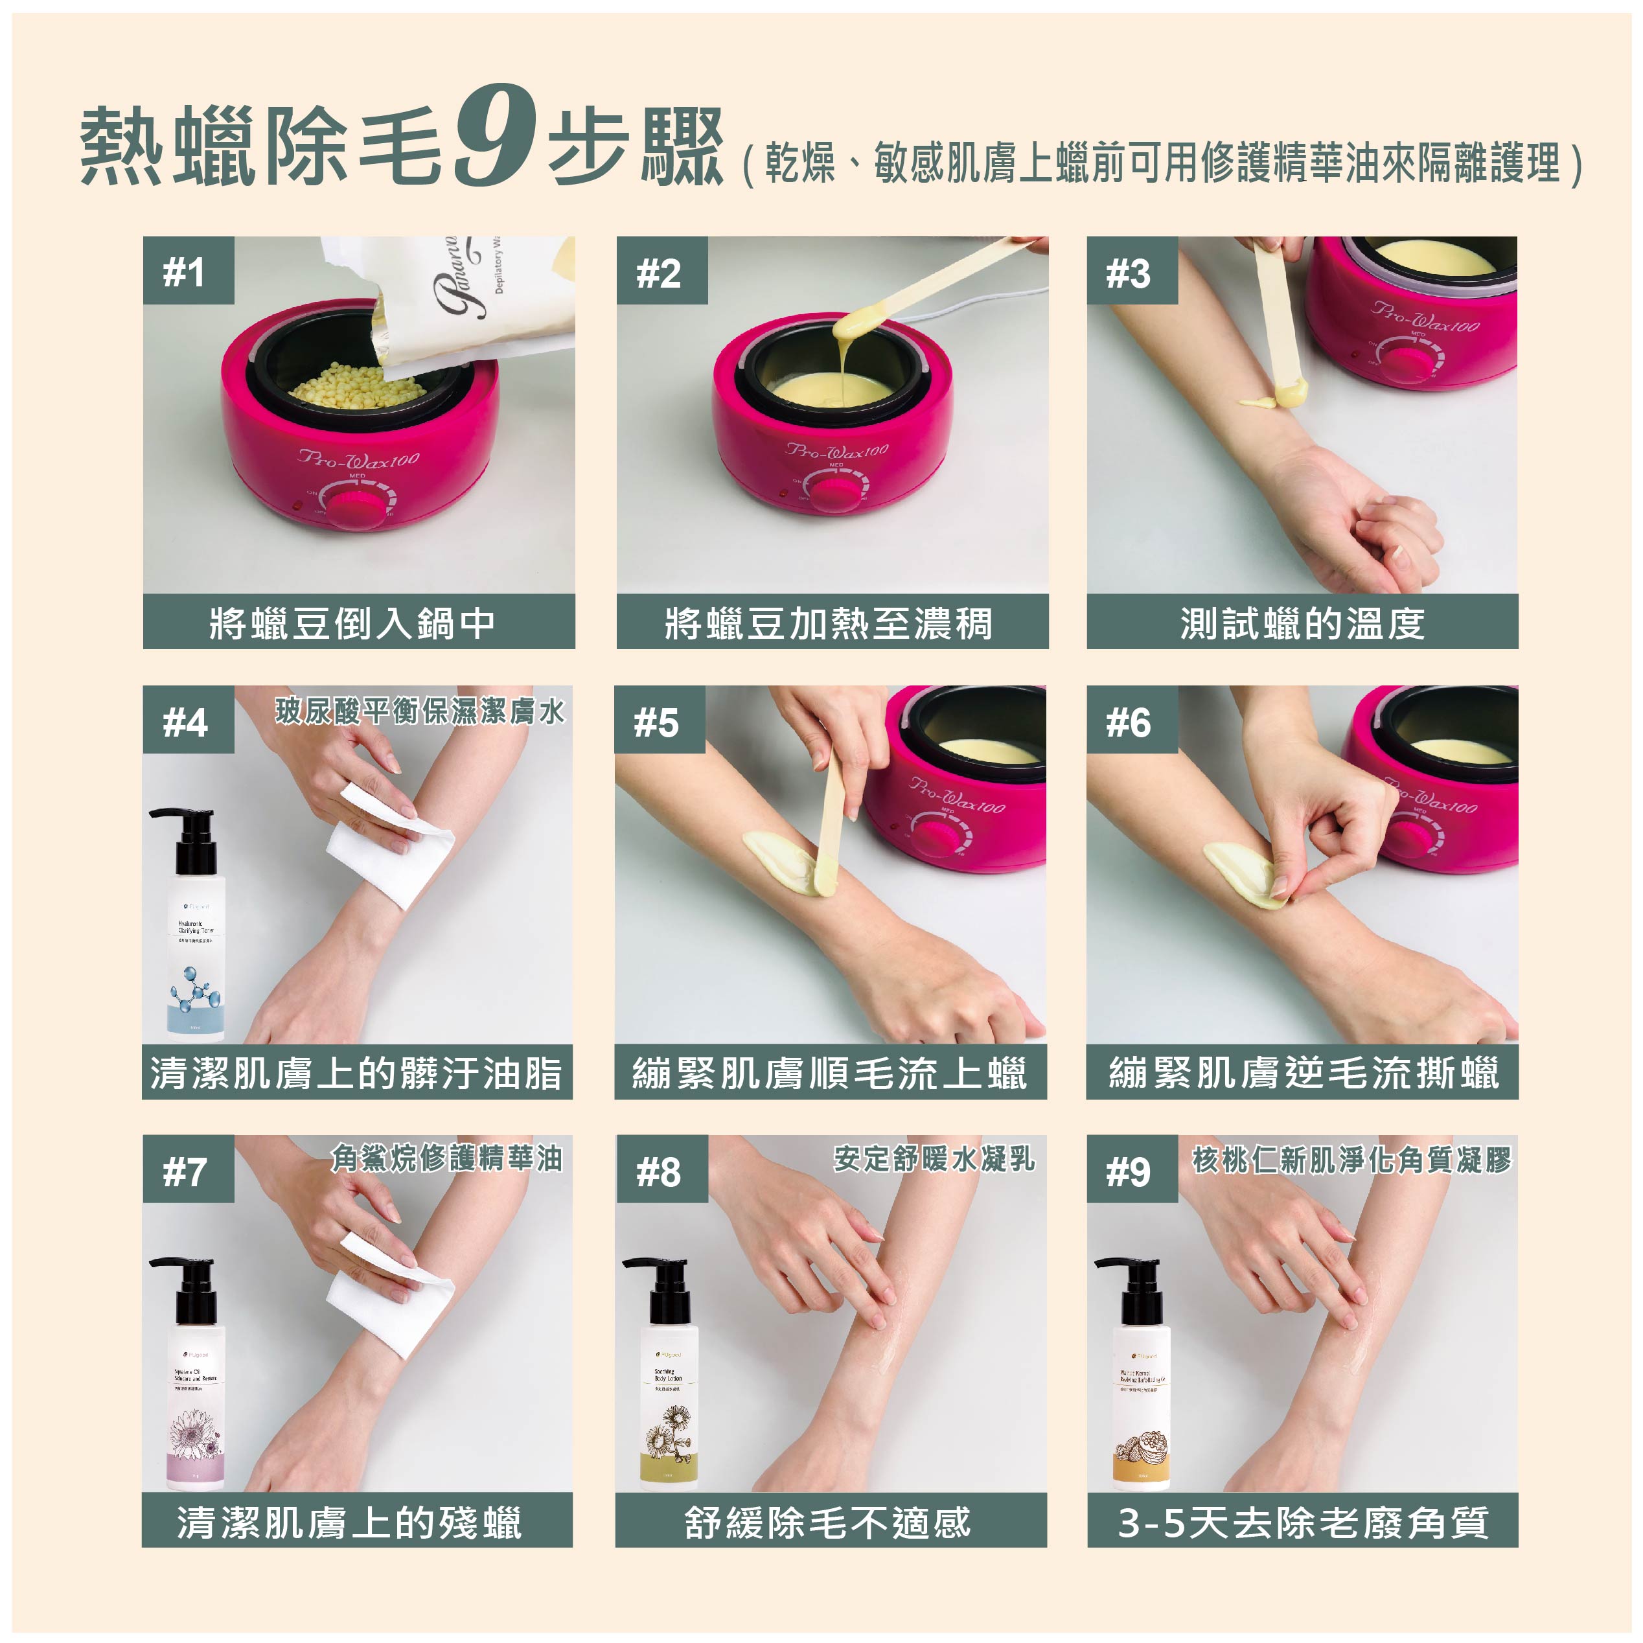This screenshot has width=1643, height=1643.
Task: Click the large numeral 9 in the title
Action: (x=496, y=136)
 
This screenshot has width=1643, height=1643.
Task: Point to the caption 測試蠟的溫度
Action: (x=1302, y=623)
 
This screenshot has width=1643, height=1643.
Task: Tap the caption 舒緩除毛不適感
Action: (x=829, y=1522)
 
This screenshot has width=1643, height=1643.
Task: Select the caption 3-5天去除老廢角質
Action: (x=1302, y=1522)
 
